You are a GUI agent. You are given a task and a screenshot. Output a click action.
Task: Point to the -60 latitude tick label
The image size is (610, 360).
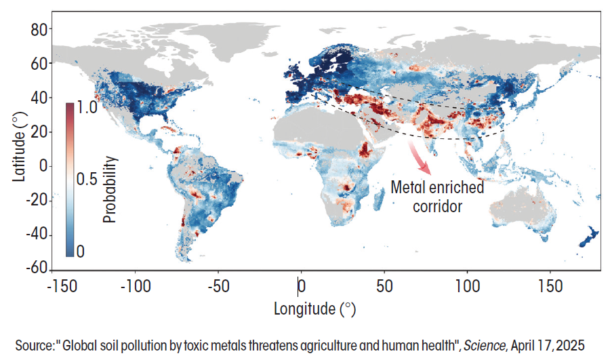click(36, 267)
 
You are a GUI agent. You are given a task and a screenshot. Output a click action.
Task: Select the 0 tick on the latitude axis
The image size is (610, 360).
click(44, 165)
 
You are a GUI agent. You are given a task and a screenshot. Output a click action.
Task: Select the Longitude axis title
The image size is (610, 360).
click(314, 309)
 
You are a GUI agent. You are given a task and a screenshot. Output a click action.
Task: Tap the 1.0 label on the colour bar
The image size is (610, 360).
click(88, 107)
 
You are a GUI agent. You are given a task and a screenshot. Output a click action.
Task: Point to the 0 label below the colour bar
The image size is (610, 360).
click(81, 251)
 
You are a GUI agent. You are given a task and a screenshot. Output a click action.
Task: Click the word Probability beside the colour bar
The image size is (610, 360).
click(111, 191)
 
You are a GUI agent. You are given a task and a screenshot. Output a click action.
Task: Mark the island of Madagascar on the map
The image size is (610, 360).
click(375, 197)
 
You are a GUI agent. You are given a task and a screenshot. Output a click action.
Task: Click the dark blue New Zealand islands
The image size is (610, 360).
click(588, 236)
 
